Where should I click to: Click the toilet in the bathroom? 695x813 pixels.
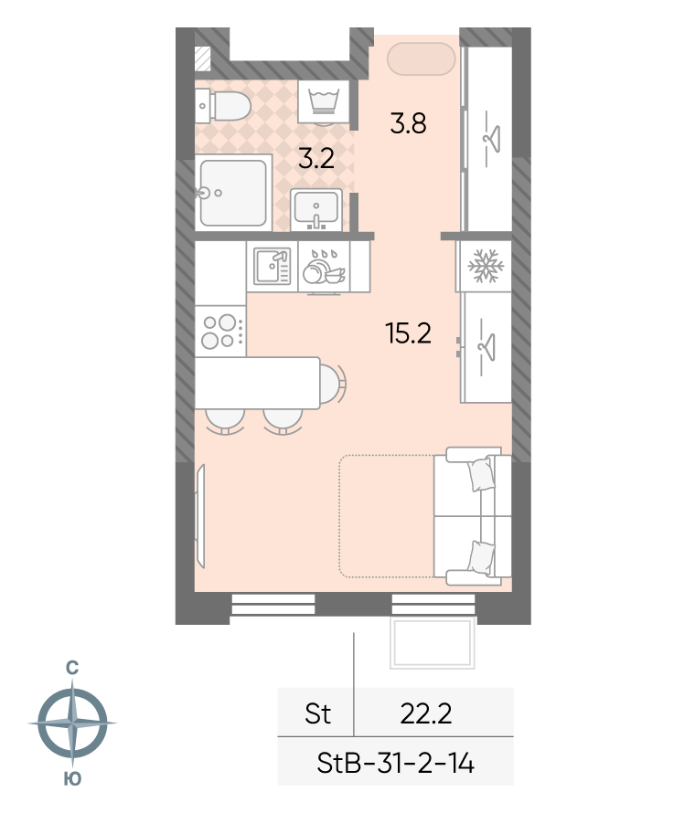(223, 106)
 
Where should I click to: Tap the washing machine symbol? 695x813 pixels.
(324, 101)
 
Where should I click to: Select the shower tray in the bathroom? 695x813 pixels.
(233, 193)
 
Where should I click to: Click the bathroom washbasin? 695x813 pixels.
(316, 209)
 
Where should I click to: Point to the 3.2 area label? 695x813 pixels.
(316, 158)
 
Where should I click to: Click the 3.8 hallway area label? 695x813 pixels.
(409, 124)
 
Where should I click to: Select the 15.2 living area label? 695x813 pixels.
(409, 333)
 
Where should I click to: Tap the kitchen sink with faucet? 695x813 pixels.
(272, 266)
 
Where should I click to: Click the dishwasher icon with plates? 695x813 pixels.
(324, 267)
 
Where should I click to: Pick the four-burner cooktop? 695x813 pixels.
(220, 331)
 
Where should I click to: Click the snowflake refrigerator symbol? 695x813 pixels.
(486, 267)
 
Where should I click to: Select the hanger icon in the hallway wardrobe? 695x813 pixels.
(489, 139)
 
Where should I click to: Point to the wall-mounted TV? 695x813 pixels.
(200, 516)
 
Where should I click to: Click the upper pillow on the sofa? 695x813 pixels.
(481, 474)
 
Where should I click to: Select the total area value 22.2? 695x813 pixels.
(426, 713)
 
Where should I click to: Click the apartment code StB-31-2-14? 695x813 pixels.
(396, 764)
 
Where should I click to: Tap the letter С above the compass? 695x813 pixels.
(72, 668)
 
